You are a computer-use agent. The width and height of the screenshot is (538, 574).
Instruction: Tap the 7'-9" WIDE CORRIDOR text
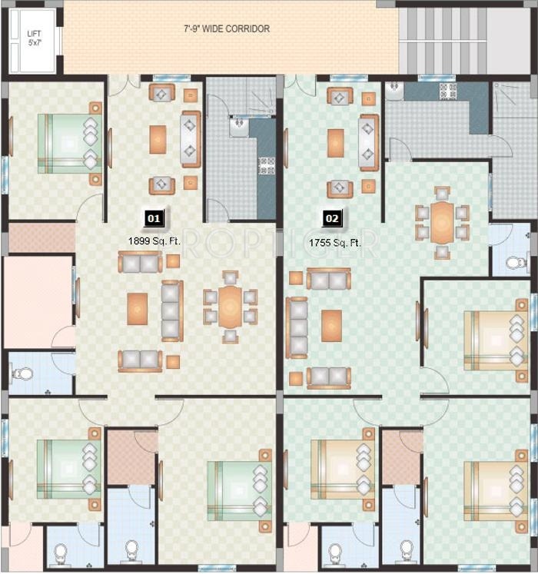pos(227,29)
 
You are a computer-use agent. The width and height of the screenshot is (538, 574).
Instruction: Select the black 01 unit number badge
pos(154,218)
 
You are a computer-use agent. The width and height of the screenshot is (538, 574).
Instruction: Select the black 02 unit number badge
pos(332,218)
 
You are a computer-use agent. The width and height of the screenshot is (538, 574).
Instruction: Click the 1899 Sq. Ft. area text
pos(154,241)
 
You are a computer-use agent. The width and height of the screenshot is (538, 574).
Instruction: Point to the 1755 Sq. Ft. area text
pos(334,243)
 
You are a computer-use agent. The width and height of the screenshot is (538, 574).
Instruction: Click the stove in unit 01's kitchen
pos(267,165)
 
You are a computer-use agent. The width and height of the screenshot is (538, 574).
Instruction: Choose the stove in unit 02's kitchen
pos(447,91)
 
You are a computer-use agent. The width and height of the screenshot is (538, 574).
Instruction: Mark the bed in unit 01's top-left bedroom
pos(69,143)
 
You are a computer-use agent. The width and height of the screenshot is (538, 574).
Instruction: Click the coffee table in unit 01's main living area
pos(138,307)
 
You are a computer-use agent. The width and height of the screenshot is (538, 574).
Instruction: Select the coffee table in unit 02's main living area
pos(331,324)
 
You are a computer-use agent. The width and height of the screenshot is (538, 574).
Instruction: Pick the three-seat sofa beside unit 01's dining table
pos(171,310)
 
